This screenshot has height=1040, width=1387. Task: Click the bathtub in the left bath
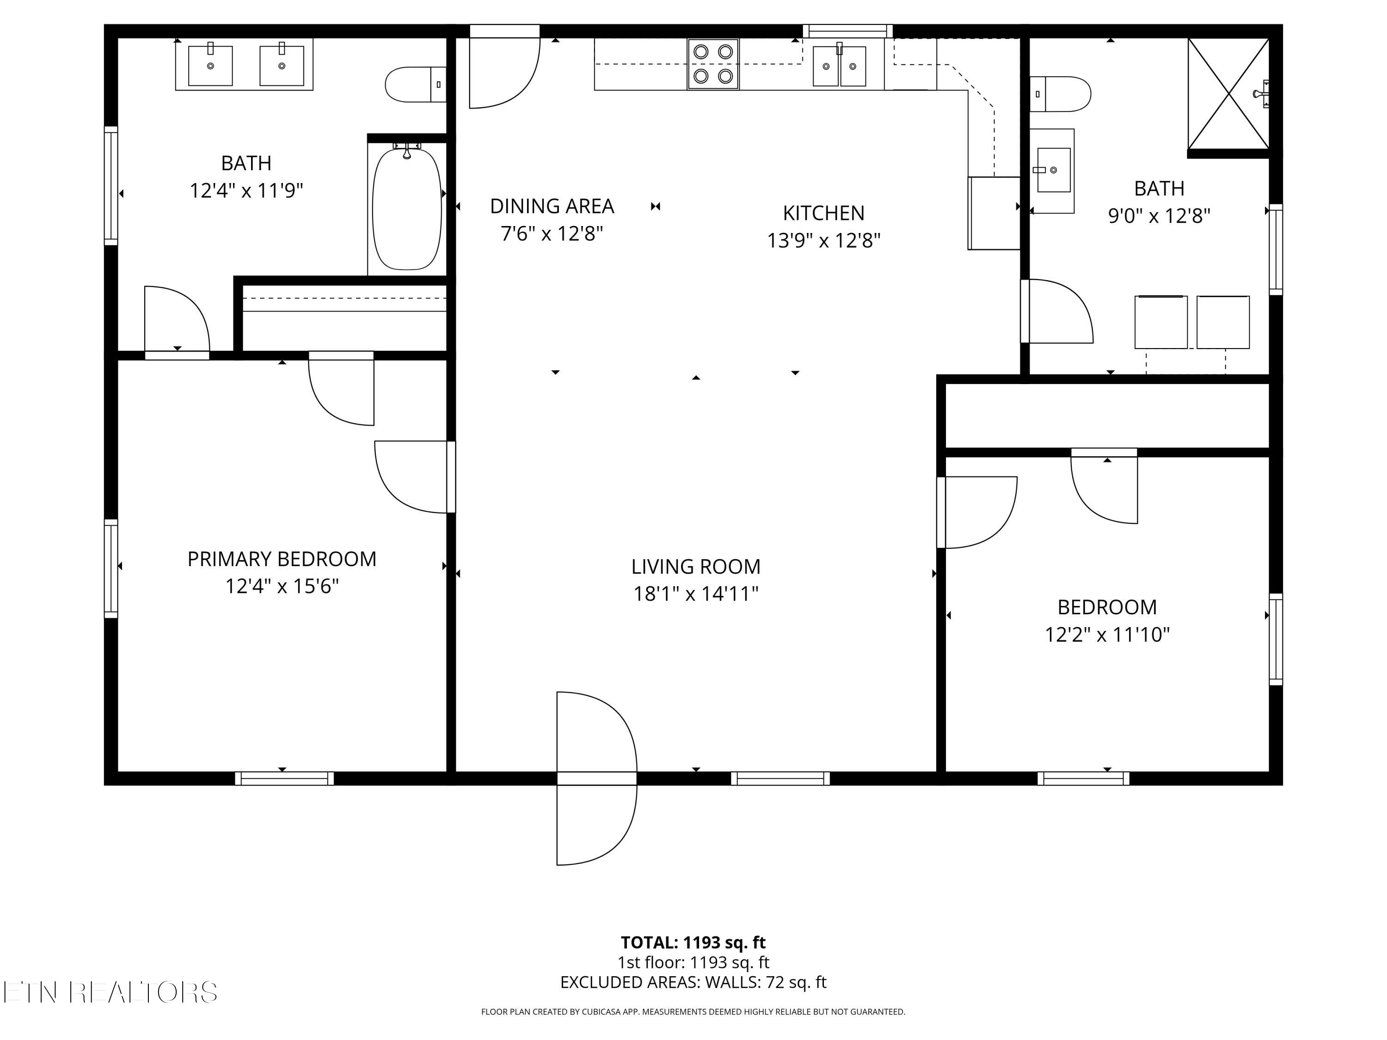click(406, 209)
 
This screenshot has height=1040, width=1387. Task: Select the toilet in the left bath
click(414, 84)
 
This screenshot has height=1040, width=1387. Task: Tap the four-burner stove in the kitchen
click(713, 64)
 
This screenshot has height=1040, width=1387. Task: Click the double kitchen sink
click(839, 66)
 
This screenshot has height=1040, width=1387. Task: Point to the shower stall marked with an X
click(1228, 94)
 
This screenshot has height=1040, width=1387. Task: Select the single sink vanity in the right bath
click(1053, 170)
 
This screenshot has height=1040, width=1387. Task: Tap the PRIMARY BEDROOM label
click(282, 558)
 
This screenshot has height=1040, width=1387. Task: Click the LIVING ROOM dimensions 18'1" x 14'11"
click(695, 593)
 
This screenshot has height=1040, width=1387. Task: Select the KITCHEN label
click(823, 213)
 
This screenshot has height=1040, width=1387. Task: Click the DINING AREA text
click(552, 206)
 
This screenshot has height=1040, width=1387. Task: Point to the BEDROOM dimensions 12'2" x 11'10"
click(1107, 635)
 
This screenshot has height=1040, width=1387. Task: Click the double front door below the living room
click(596, 778)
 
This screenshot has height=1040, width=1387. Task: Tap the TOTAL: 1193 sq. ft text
click(693, 942)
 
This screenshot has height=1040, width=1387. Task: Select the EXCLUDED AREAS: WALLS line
click(693, 982)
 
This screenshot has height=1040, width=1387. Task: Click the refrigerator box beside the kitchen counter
click(994, 213)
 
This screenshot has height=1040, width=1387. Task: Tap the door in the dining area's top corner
click(503, 69)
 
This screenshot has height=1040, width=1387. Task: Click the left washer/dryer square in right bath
click(1160, 322)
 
